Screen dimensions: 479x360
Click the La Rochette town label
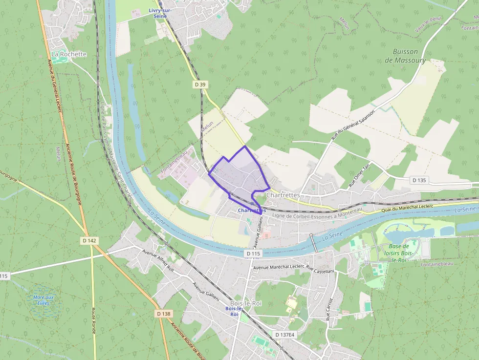click(x=68, y=54)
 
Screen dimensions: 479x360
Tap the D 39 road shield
click(x=200, y=85)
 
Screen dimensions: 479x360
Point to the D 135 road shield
click(x=419, y=180)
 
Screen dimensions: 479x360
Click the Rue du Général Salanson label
click(x=353, y=126)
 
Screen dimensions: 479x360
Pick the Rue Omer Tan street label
click(x=359, y=176)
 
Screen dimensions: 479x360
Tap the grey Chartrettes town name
click(x=283, y=195)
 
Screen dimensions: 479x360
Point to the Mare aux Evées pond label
click(x=44, y=300)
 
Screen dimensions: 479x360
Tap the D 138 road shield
click(x=164, y=314)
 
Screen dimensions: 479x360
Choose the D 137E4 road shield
click(x=284, y=335)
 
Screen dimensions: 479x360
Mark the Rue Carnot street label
click(x=329, y=309)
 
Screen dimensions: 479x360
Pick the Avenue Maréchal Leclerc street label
click(x=278, y=268)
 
